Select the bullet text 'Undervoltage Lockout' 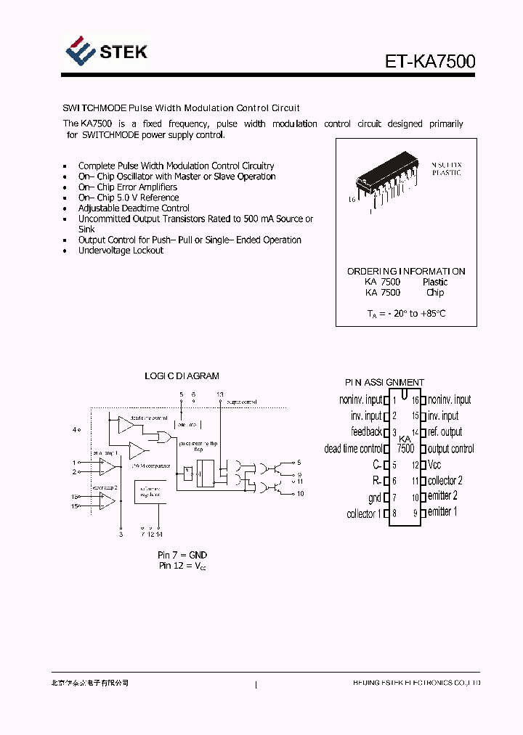point(121,251)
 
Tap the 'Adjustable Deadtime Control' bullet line point(134,208)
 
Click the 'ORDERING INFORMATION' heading point(406,271)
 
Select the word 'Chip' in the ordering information point(435,293)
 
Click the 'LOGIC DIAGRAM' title point(182,376)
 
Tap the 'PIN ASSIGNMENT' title point(384,382)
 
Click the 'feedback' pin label point(366,432)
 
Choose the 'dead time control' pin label point(353,449)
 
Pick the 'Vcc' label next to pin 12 point(434,465)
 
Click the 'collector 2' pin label point(445,481)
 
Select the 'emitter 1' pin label point(442,512)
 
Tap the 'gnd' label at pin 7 point(374,498)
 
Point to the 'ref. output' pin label point(445,432)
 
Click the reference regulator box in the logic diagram point(150,493)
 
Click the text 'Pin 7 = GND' point(182,555)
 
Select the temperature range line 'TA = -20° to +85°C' point(406,314)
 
